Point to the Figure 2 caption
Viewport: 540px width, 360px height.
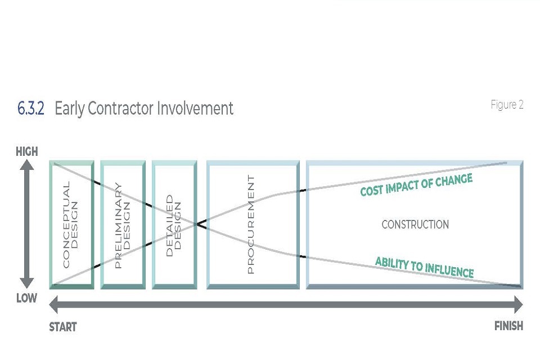tap(507, 105)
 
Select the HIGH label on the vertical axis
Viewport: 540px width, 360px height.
tap(27, 152)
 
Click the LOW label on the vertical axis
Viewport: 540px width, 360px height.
tap(26, 298)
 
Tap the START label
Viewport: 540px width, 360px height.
tap(63, 327)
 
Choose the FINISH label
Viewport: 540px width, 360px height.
tap(508, 326)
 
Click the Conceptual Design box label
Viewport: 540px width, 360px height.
tap(71, 225)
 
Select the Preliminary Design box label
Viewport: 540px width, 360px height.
tap(122, 225)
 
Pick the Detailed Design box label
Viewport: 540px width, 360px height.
tap(174, 225)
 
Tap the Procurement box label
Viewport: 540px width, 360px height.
tap(251, 225)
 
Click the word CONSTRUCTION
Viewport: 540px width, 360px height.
tap(415, 225)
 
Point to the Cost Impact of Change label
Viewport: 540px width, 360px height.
tap(416, 185)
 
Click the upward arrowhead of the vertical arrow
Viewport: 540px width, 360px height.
tap(27, 165)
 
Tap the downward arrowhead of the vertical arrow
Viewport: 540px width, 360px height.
tap(27, 283)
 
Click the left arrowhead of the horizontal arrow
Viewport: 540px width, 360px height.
tap(55, 305)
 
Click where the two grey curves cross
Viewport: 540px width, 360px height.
tap(197, 224)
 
